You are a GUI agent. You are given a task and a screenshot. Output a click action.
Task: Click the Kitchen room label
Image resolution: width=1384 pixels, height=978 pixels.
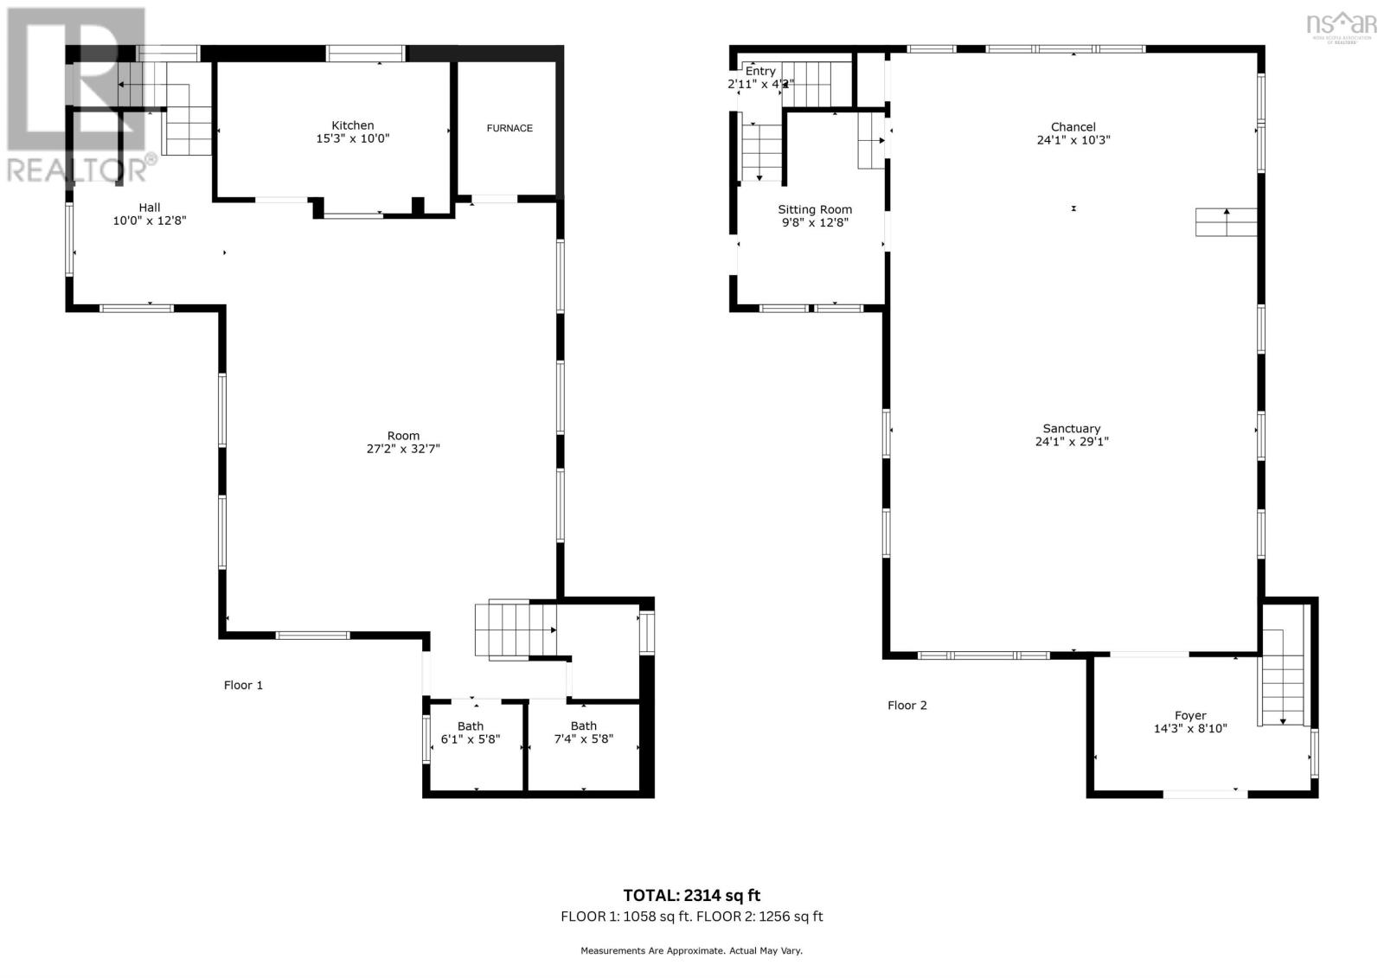pos(352,125)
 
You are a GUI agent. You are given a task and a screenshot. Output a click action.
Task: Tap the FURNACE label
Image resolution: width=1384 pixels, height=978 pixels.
pos(509,128)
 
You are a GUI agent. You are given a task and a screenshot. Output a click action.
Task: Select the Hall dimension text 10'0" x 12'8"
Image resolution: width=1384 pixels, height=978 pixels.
pos(150,221)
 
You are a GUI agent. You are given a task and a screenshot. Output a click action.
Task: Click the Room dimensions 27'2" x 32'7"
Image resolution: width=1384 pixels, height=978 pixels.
pos(403,449)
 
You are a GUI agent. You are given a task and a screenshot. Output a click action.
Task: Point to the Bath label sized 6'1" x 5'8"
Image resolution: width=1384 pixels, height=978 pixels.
pos(471,726)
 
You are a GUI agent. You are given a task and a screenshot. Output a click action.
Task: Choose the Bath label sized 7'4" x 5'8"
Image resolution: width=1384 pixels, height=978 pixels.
pos(583,726)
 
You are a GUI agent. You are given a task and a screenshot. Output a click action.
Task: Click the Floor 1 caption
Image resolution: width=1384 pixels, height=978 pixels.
pos(243,685)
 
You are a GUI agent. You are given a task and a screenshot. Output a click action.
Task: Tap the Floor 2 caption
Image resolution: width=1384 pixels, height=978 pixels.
pos(907,705)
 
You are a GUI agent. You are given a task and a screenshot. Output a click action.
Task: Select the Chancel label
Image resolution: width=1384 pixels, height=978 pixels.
pos(1073,126)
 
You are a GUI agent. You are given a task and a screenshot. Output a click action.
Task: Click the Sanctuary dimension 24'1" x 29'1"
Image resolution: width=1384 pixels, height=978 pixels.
pos(1072,441)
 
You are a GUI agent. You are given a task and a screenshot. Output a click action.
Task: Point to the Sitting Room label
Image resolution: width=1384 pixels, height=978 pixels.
pos(814,209)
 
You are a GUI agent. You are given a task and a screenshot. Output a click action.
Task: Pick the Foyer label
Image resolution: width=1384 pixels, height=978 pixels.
pos(1189,715)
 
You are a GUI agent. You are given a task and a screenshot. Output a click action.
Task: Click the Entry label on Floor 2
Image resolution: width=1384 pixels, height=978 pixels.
pos(760,71)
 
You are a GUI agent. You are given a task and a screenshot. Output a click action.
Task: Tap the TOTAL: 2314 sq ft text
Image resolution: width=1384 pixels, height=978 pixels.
pos(691,895)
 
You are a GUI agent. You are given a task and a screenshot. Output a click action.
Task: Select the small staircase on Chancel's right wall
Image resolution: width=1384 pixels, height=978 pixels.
pos(1226,222)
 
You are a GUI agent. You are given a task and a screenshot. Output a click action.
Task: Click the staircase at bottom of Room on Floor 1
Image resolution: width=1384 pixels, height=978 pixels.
pos(515,630)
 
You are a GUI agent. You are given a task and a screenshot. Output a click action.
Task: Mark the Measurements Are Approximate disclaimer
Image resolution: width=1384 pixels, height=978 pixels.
pos(691,950)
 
